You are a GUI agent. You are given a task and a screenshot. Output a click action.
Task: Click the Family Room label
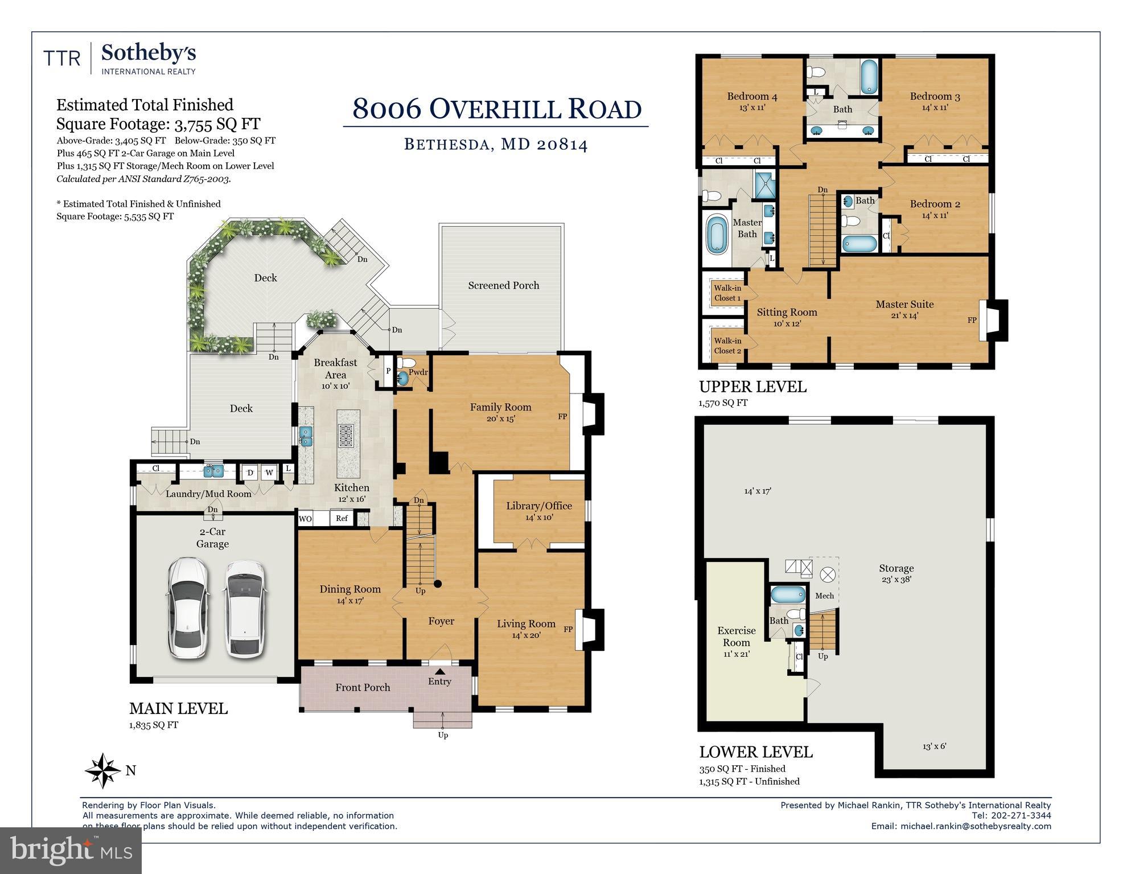click(500, 407)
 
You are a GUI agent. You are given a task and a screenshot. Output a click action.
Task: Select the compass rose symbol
click(103, 770)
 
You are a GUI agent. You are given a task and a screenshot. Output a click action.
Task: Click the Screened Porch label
click(503, 285)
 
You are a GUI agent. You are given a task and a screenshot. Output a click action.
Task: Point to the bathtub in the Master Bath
click(717, 234)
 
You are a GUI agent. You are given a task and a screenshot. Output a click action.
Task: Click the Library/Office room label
click(538, 506)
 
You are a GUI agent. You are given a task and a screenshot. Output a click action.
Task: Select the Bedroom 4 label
click(751, 96)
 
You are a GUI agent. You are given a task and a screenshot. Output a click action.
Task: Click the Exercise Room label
click(736, 637)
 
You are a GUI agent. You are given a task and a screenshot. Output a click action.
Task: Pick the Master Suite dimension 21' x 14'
click(904, 315)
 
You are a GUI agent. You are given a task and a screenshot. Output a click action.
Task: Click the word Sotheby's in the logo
click(149, 54)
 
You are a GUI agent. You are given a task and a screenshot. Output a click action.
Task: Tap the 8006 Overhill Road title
click(496, 108)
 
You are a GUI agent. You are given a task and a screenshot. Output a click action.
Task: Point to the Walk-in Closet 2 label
click(727, 346)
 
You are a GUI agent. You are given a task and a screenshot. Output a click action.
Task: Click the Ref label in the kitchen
click(342, 518)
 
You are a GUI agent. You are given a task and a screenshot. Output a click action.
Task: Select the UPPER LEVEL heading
click(752, 387)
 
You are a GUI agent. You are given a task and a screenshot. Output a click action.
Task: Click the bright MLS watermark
click(71, 850)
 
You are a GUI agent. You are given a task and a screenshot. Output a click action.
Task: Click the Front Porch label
click(363, 687)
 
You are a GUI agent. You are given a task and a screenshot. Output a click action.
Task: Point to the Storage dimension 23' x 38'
click(896, 580)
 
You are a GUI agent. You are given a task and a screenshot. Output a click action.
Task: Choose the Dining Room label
click(349, 589)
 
